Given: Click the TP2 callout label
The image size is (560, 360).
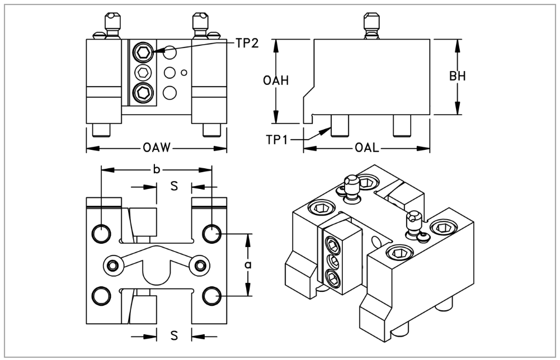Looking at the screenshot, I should (247, 43).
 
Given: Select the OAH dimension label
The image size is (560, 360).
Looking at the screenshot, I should (276, 80).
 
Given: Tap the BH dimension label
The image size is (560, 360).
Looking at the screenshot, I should (458, 77).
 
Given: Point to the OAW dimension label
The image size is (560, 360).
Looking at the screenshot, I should (156, 149).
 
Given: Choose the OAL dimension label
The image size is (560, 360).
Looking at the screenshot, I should (366, 149).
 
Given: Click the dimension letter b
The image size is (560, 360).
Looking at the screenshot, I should (156, 169).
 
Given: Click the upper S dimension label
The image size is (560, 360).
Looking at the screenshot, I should (174, 186).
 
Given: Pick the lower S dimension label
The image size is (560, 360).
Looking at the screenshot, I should (174, 336).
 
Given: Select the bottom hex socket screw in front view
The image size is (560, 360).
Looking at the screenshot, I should (144, 92).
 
